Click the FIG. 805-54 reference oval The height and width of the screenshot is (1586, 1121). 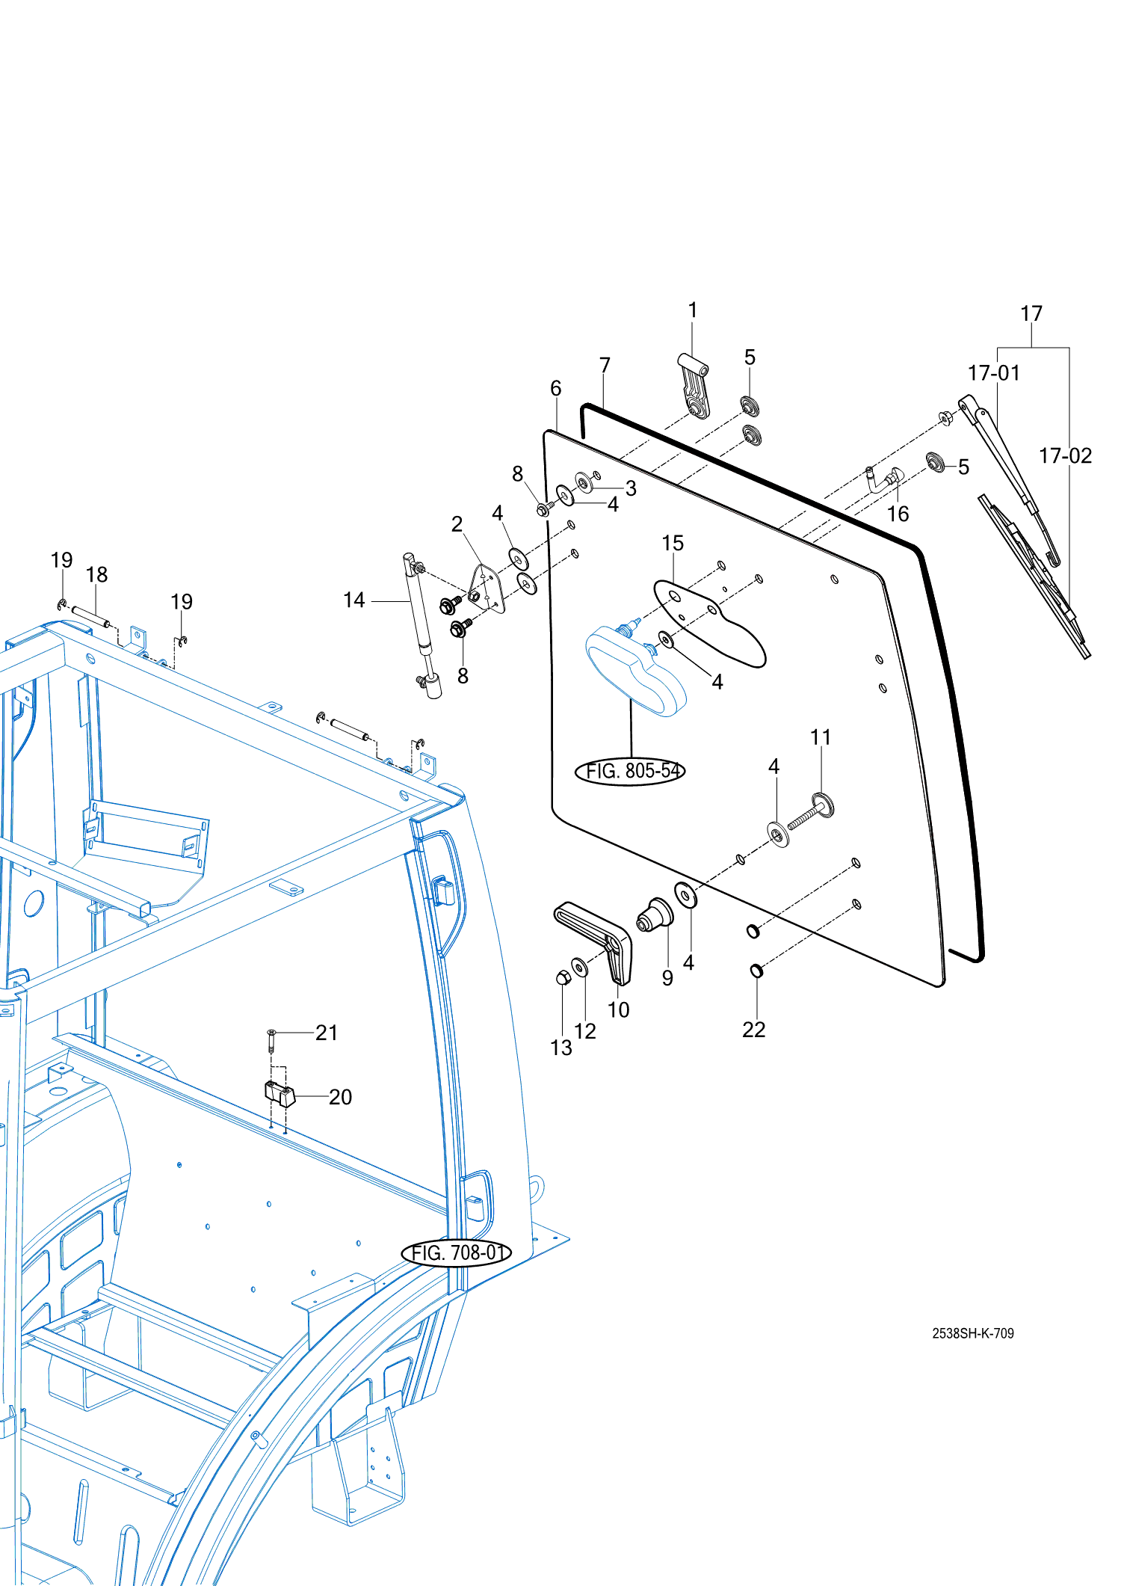point(630,771)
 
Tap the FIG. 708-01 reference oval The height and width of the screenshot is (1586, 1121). point(457,1252)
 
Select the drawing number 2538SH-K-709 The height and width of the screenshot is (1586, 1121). point(972,1333)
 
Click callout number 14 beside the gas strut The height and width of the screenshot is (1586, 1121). point(353,600)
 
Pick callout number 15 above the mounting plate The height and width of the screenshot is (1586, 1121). point(673,543)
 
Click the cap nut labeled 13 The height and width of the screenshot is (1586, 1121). point(563,977)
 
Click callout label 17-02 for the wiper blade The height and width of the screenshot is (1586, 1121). point(1065,455)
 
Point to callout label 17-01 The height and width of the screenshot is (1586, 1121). point(993,372)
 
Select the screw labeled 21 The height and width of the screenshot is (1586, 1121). point(271,1038)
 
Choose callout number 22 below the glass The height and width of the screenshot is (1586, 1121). point(753,1030)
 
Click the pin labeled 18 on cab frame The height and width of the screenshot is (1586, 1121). point(90,617)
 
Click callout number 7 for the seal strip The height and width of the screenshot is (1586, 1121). point(605,365)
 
